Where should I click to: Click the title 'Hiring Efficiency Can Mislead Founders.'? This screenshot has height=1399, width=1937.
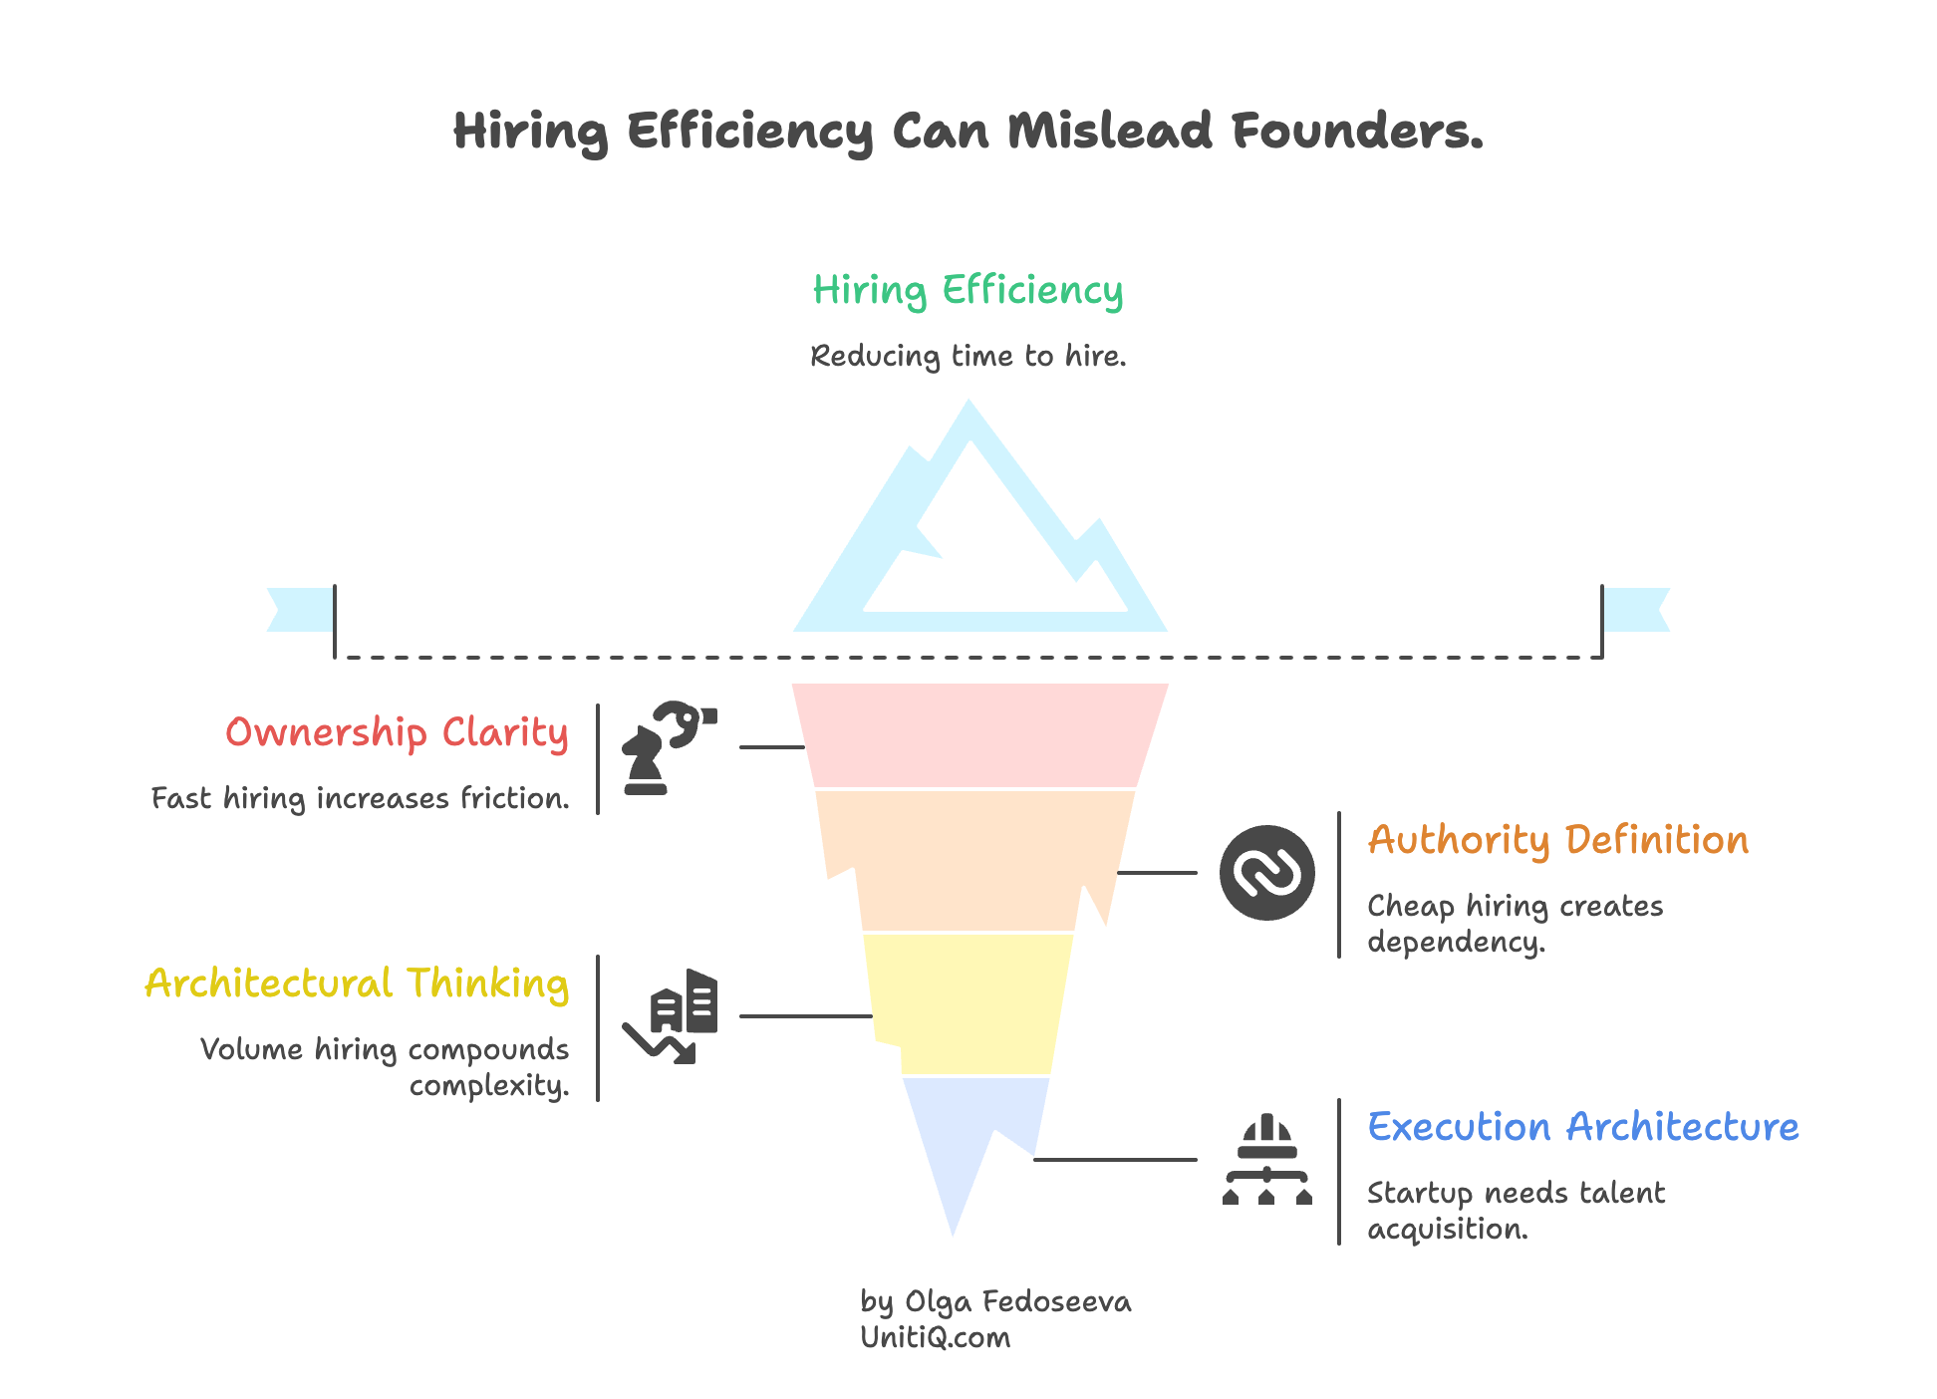[x=968, y=131]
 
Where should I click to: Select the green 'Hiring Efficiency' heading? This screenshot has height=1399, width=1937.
[x=968, y=291]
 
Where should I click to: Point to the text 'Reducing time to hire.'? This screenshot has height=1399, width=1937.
[x=968, y=356]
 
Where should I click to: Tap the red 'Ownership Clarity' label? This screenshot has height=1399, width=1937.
[x=397, y=733]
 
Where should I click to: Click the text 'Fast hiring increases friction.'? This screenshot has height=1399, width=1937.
[x=360, y=798]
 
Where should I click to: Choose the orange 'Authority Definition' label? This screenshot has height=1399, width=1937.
[x=1557, y=840]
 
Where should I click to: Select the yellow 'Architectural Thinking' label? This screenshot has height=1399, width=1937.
[x=357, y=983]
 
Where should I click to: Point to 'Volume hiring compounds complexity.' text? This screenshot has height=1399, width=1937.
[x=385, y=1066]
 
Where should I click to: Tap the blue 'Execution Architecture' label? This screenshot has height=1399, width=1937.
[x=1582, y=1127]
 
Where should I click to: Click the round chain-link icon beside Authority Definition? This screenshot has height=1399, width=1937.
[x=1266, y=873]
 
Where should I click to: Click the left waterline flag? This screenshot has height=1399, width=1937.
[x=298, y=610]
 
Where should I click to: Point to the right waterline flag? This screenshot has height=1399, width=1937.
[x=1638, y=610]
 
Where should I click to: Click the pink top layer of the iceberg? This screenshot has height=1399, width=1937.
[x=979, y=734]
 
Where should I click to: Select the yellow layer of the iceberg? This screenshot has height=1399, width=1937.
[x=967, y=1002]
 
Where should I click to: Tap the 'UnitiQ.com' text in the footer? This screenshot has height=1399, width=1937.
[x=935, y=1338]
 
